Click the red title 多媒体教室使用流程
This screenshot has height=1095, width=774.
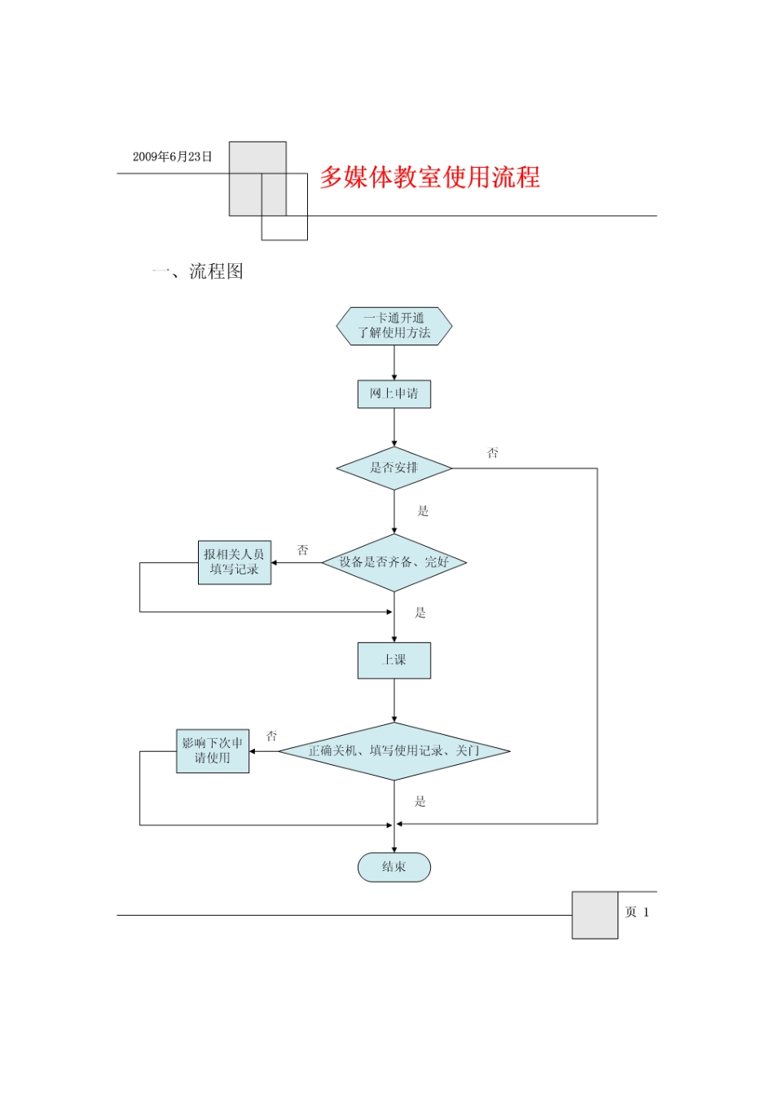pyautogui.click(x=429, y=177)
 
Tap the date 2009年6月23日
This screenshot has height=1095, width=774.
pyautogui.click(x=172, y=156)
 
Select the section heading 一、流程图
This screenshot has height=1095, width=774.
pyautogui.click(x=198, y=271)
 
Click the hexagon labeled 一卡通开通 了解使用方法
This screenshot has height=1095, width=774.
pyautogui.click(x=394, y=326)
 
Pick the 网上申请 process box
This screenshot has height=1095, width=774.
pyautogui.click(x=394, y=394)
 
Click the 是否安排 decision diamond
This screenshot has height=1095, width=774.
pyautogui.click(x=394, y=468)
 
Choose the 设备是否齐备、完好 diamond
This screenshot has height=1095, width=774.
pyautogui.click(x=394, y=562)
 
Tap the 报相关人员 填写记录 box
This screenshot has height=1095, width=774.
pyautogui.click(x=235, y=562)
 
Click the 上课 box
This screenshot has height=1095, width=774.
pyautogui.click(x=394, y=660)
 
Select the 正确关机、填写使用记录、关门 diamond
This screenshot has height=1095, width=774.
pyautogui.click(x=394, y=750)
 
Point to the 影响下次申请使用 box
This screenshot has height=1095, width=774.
pyautogui.click(x=213, y=750)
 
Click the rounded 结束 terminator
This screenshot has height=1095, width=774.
pyautogui.click(x=394, y=867)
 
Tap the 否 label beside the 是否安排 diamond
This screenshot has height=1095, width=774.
pyautogui.click(x=493, y=453)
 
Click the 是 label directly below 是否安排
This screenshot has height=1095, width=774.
pyautogui.click(x=423, y=511)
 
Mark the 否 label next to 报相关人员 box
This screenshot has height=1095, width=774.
pyautogui.click(x=303, y=550)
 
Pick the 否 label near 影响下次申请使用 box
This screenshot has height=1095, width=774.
pyautogui.click(x=272, y=736)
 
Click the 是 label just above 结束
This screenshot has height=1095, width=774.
pyautogui.click(x=420, y=801)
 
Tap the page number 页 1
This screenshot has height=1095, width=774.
pyautogui.click(x=637, y=912)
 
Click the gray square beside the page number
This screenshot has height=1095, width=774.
pyautogui.click(x=595, y=915)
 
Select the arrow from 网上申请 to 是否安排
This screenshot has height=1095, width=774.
pyautogui.click(x=394, y=428)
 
